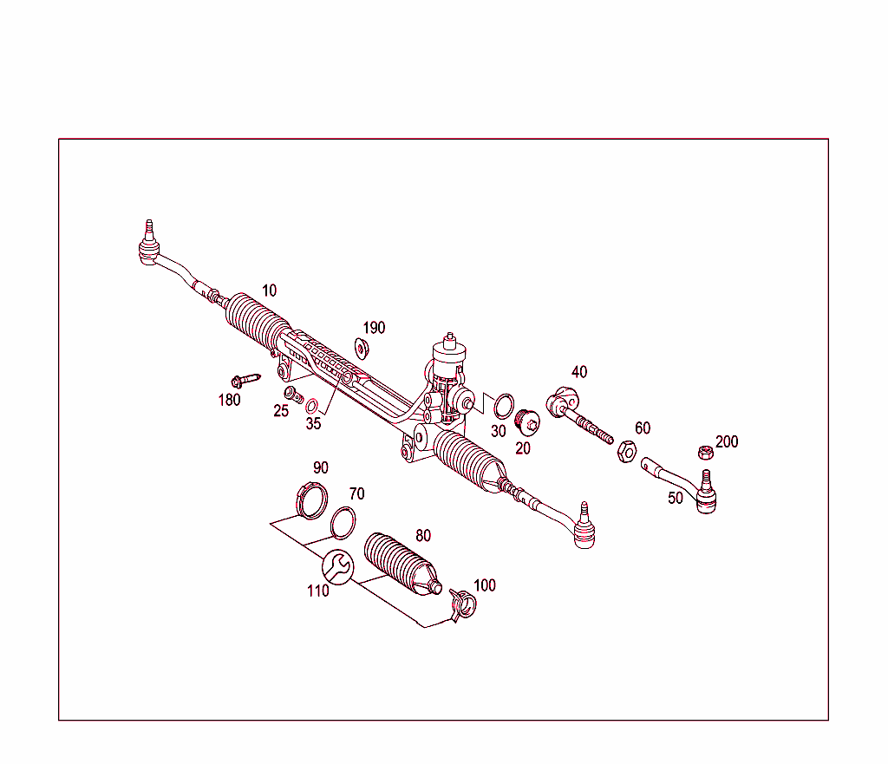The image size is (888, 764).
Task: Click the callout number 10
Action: tap(270, 291)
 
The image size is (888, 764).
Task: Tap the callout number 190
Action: tap(374, 328)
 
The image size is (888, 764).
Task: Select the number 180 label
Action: tap(229, 400)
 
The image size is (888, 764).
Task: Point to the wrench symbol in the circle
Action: tap(337, 567)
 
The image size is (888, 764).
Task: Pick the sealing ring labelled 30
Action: tap(503, 405)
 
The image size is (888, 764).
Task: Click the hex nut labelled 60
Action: tap(626, 451)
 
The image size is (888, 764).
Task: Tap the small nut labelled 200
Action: tap(706, 452)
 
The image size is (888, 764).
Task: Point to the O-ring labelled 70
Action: tap(344, 523)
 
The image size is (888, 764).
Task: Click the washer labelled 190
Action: tap(362, 349)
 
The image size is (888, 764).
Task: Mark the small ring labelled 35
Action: tap(311, 405)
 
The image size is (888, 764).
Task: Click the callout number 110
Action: tap(317, 591)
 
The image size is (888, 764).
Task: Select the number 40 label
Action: tap(579, 372)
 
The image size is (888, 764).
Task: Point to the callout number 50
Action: tap(675, 499)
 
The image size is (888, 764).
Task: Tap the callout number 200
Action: tap(727, 441)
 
